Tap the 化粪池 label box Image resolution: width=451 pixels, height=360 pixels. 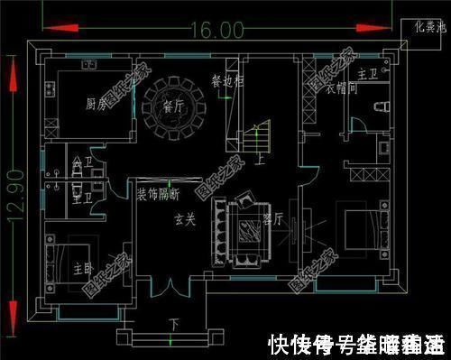[x=423, y=27]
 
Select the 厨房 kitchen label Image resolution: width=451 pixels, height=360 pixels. [x=97, y=105]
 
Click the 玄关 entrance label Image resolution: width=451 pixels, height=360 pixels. [x=185, y=219]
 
